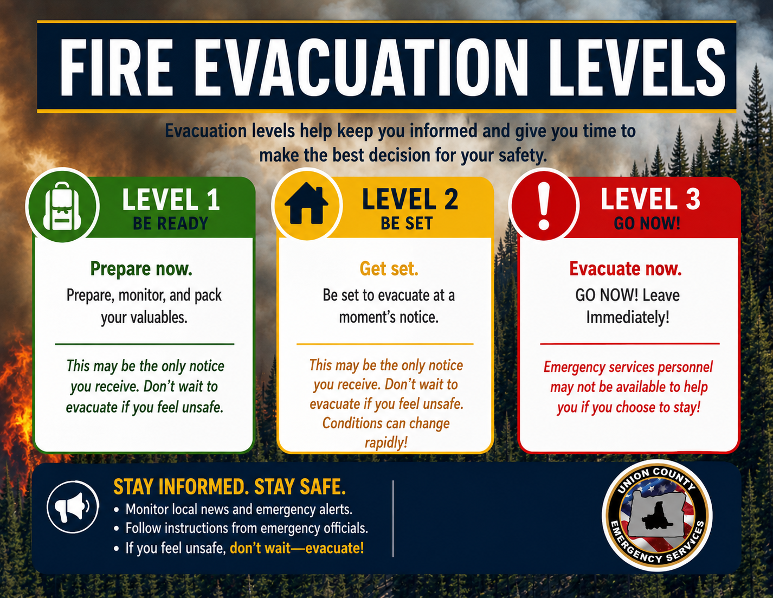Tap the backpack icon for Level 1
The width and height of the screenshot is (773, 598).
tap(62, 207)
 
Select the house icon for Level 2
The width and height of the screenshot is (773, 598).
tap(306, 203)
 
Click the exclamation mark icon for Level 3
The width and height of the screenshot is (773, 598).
tap(544, 206)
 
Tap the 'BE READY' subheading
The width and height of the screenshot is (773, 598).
tap(170, 223)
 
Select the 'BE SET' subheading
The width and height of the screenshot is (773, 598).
tap(407, 223)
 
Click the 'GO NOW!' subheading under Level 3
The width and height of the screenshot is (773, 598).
tap(647, 223)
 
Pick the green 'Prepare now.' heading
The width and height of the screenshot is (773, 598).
tap(141, 269)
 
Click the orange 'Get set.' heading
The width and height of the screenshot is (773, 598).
tap(389, 268)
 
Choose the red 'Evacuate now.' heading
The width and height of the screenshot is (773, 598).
tap(626, 268)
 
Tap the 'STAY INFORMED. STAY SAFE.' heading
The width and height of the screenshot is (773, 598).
tap(229, 487)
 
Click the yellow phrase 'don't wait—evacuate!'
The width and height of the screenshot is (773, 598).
tap(297, 548)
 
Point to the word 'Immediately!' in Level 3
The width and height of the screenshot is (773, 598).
tap(628, 317)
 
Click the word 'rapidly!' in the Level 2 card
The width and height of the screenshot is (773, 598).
tap(386, 442)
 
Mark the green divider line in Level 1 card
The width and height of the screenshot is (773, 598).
tap(144, 344)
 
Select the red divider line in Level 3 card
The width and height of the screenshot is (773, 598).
tap(630, 344)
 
